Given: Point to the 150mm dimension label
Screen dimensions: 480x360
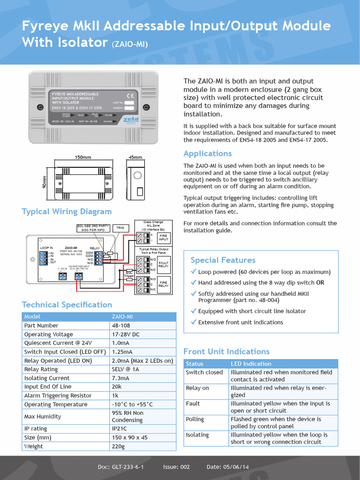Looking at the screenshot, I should tap(83, 157).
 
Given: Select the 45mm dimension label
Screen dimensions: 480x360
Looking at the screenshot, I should tap(135, 157).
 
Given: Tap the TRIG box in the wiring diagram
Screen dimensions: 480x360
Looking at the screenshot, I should tap(120, 227).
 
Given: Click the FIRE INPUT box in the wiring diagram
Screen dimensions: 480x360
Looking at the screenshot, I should tap(163, 238).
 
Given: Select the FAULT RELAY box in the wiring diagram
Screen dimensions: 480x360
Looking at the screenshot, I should tap(163, 264).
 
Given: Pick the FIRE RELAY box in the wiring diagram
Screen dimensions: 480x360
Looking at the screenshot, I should tap(163, 284).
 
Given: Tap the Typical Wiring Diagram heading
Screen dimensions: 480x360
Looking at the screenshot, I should tap(67, 211).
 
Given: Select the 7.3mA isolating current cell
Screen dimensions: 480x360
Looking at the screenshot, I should tap(120, 378).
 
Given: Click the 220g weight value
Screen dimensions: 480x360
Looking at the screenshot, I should tap(119, 446).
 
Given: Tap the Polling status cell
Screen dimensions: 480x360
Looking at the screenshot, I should tap(195, 419).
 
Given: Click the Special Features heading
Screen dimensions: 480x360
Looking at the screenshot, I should tap(223, 260).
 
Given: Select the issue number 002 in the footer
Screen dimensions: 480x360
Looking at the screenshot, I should tap(183, 467).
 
